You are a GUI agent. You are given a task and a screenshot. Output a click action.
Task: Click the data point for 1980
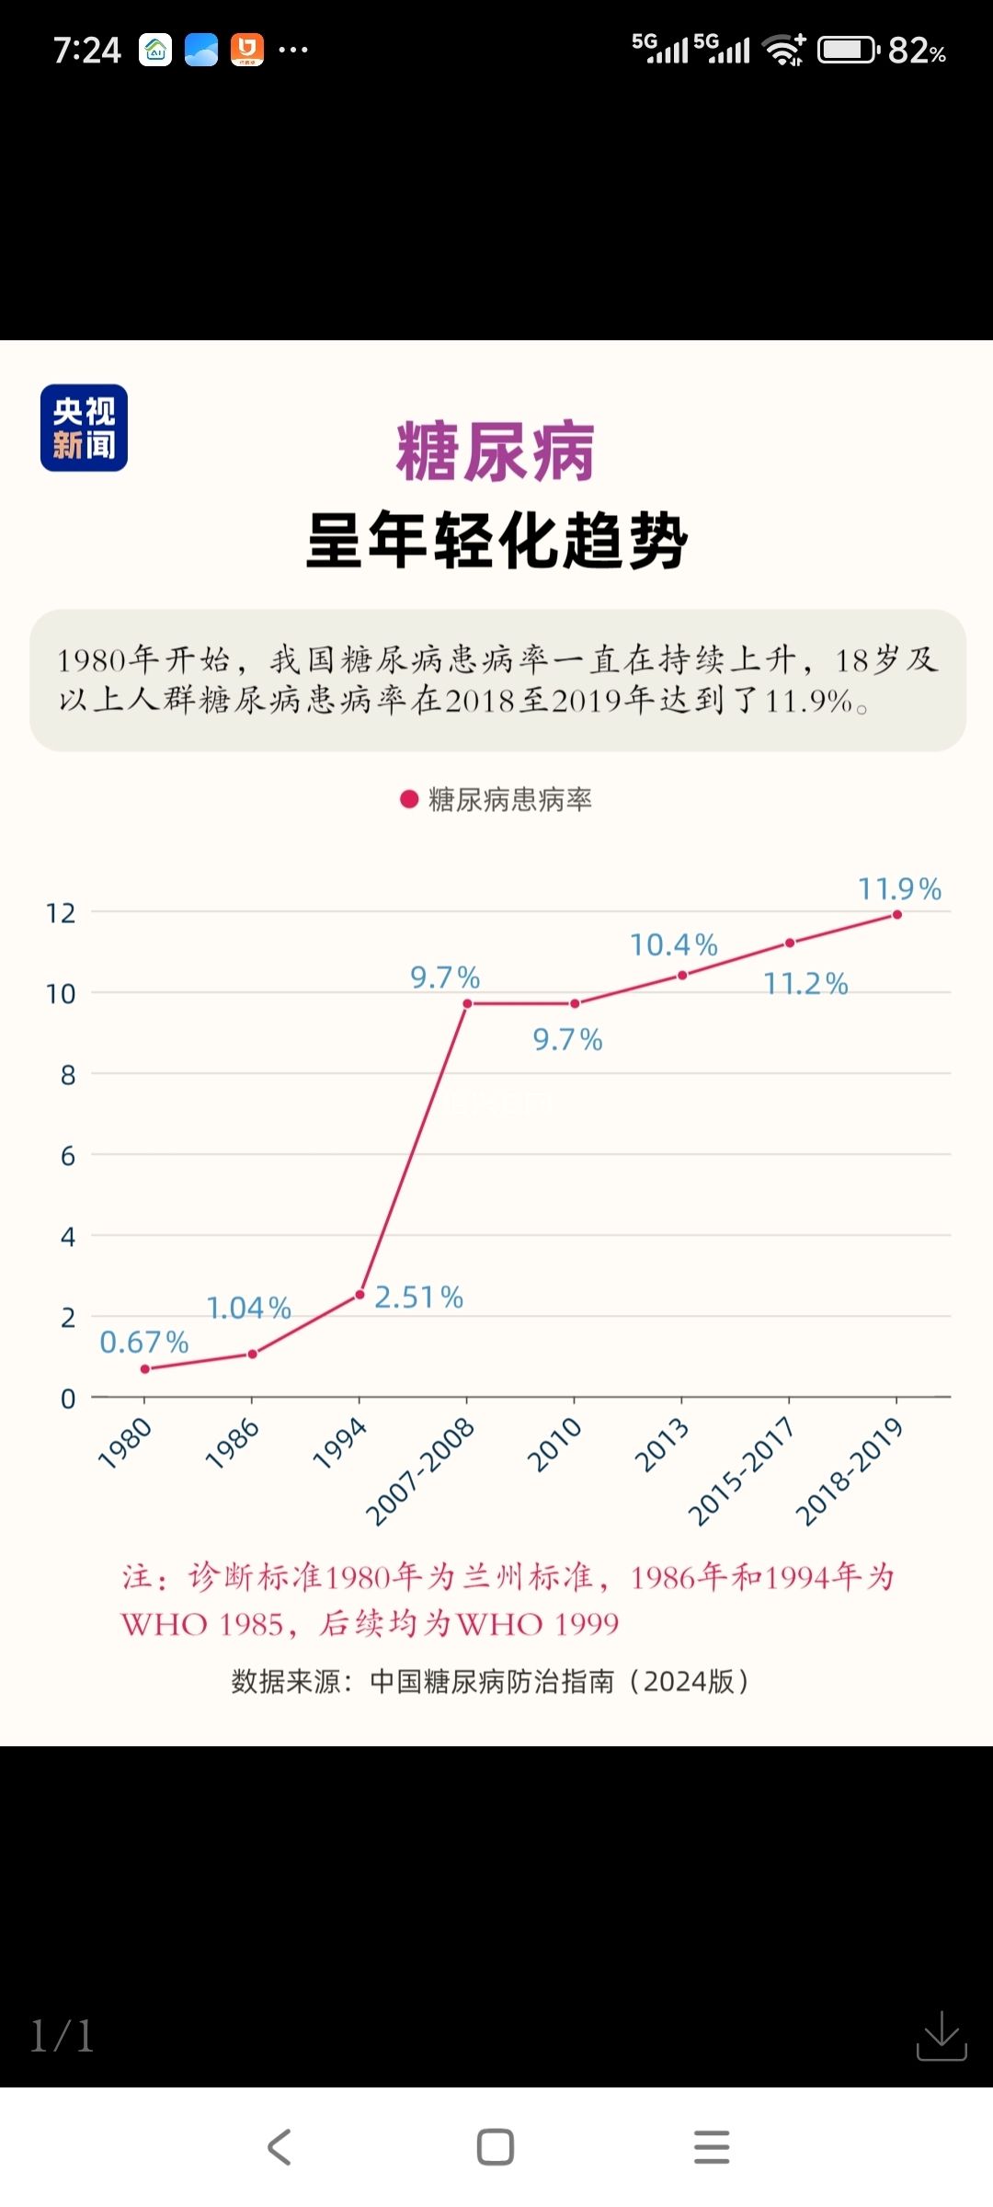tap(145, 1369)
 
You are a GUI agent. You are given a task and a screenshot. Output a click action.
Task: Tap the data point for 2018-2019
tap(896, 915)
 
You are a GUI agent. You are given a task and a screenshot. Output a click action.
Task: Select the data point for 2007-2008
tap(467, 1003)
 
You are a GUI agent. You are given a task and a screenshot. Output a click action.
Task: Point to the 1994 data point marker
tap(360, 1295)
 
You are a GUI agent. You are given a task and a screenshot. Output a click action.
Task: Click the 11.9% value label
tap(899, 889)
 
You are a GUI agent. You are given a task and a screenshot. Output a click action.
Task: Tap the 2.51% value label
tap(418, 1298)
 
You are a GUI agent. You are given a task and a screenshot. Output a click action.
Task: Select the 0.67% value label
tap(143, 1343)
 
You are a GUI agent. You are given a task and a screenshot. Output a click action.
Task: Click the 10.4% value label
tap(673, 944)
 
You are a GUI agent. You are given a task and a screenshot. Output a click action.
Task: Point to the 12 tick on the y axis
tap(61, 913)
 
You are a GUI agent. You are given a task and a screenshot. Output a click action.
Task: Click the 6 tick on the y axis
tap(67, 1156)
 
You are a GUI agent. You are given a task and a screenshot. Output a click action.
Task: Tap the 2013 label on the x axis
tap(662, 1445)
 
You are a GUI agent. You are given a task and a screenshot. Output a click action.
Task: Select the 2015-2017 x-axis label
tap(741, 1470)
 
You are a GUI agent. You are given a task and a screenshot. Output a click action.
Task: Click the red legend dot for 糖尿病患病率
tap(409, 799)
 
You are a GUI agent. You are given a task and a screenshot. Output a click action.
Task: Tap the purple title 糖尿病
tap(496, 452)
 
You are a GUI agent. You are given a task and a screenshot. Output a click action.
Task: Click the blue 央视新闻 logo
tap(84, 428)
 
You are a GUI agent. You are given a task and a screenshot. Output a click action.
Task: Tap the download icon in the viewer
tap(942, 2035)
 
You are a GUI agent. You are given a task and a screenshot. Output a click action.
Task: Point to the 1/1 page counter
tap(62, 2036)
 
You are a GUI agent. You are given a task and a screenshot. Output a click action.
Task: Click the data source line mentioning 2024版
tap(490, 1681)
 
